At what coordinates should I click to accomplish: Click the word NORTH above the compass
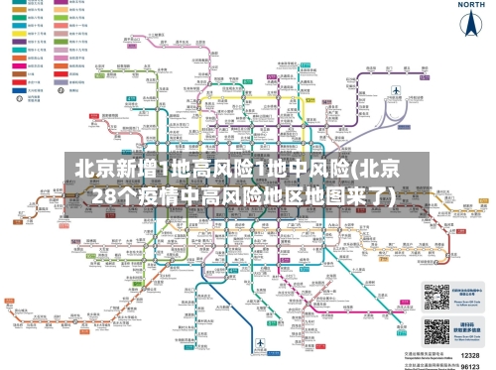click(x=470, y=5)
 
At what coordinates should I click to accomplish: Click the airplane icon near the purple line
click(x=395, y=92)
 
